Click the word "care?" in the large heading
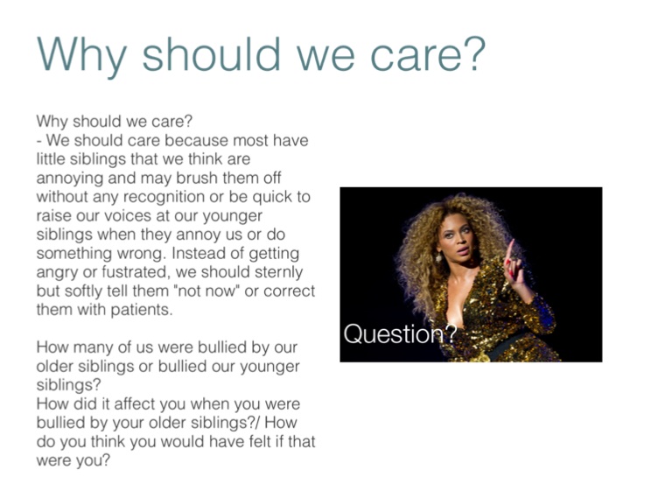428,54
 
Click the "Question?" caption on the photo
400,333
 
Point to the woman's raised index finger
510,250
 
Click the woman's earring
439,257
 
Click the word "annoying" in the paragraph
70,179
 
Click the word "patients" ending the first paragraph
142,310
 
